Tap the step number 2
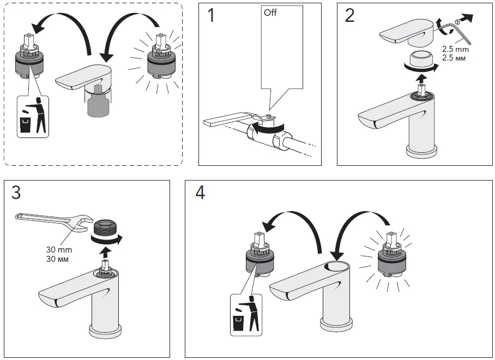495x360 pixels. point(350,16)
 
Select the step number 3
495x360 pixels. point(17,193)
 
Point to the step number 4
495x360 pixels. point(201,193)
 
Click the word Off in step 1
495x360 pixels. point(270,12)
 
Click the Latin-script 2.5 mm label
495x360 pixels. point(455,49)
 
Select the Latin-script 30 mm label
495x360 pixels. point(59,249)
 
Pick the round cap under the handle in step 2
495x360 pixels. point(421,57)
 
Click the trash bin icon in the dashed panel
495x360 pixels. point(32,117)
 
